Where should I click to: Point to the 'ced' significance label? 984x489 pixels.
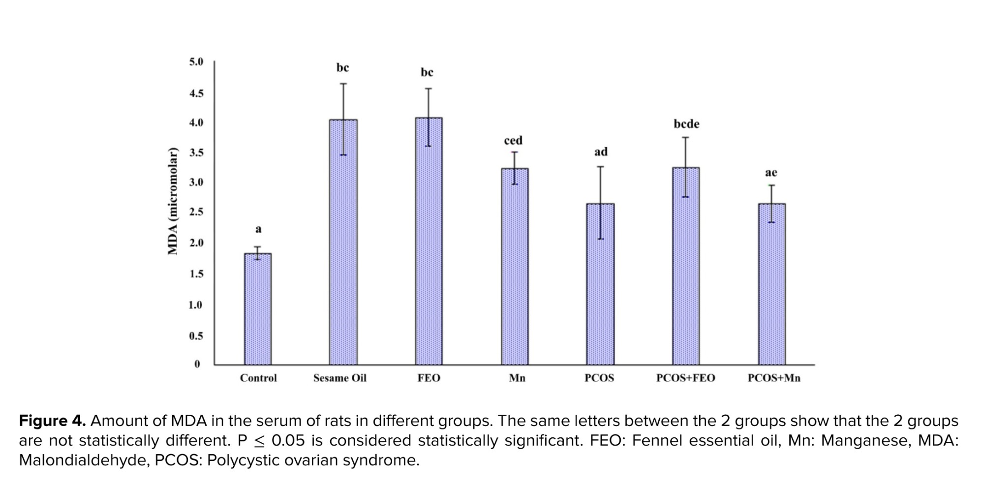pyautogui.click(x=513, y=141)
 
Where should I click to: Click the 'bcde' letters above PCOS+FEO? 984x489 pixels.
pyautogui.click(x=686, y=124)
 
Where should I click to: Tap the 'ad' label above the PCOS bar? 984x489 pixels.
pyautogui.click(x=601, y=152)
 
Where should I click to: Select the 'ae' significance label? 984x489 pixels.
pyautogui.click(x=771, y=173)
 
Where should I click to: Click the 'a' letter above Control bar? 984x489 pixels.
pyautogui.click(x=258, y=229)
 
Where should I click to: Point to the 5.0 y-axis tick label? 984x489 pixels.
pyautogui.click(x=196, y=62)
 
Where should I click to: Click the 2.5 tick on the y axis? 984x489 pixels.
pyautogui.click(x=196, y=212)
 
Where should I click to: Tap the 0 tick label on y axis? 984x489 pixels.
pyautogui.click(x=197, y=364)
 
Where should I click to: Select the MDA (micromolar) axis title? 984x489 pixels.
pyautogui.click(x=172, y=201)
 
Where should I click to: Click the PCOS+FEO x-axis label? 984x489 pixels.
pyautogui.click(x=685, y=378)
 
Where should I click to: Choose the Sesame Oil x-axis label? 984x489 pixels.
pyautogui.click(x=340, y=378)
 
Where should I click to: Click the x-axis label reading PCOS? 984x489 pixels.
pyautogui.click(x=599, y=378)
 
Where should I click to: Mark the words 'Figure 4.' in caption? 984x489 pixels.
pyautogui.click(x=52, y=421)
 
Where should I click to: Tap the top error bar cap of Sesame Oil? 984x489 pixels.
pyautogui.click(x=343, y=84)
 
